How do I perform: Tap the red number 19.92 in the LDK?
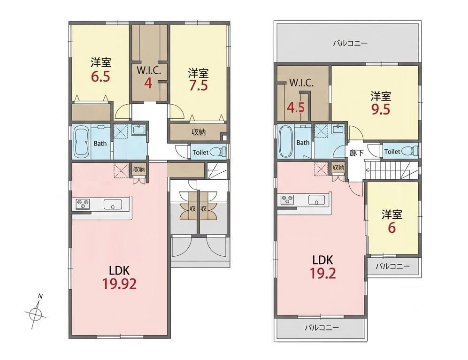click(119, 283)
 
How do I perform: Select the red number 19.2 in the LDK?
click(323, 273)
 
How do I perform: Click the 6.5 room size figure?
click(100, 77)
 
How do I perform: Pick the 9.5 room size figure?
click(381, 109)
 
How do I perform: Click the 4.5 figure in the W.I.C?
click(295, 107)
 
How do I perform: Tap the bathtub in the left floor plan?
click(81, 142)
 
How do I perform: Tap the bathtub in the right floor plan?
click(285, 141)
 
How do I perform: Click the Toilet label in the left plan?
click(200, 153)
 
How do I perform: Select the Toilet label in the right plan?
click(392, 152)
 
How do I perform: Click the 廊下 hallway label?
click(357, 153)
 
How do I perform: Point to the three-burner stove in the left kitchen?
click(83, 204)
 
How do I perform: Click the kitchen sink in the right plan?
click(317, 199)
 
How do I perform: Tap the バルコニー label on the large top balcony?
click(350, 44)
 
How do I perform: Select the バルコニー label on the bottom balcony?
click(322, 328)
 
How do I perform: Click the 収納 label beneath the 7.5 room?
click(198, 131)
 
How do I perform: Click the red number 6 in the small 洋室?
click(391, 228)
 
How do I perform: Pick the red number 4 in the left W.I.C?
click(148, 84)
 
